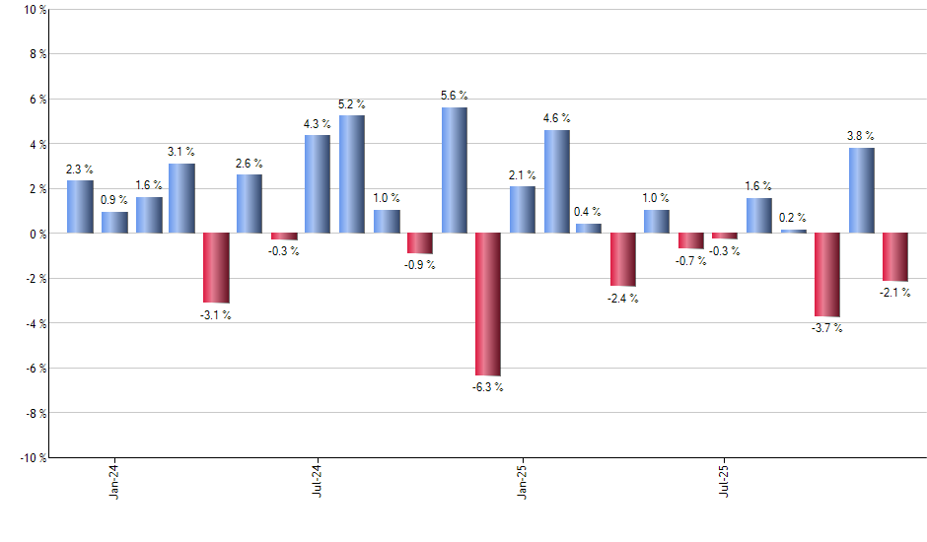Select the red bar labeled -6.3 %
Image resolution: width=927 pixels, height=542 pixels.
click(488, 305)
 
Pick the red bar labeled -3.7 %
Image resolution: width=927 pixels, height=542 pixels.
click(827, 275)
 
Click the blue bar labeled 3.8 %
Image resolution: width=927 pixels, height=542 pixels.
click(861, 190)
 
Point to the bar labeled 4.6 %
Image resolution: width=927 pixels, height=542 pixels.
click(556, 181)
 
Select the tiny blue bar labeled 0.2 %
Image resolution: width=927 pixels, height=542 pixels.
click(793, 232)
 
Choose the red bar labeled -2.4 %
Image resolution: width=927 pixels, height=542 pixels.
click(623, 260)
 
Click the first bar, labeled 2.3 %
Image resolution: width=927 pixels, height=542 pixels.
click(80, 207)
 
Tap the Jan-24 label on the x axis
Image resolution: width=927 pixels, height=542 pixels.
click(114, 479)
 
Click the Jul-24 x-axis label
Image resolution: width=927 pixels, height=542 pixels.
click(319, 479)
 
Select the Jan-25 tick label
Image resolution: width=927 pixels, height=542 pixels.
click(522, 479)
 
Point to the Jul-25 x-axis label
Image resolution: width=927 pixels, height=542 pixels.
click(725, 479)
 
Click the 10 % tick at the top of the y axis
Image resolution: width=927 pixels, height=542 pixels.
click(34, 10)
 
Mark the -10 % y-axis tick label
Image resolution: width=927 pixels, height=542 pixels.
click(32, 457)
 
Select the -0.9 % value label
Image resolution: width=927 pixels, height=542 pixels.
click(420, 265)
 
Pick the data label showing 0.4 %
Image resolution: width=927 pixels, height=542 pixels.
click(589, 212)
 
